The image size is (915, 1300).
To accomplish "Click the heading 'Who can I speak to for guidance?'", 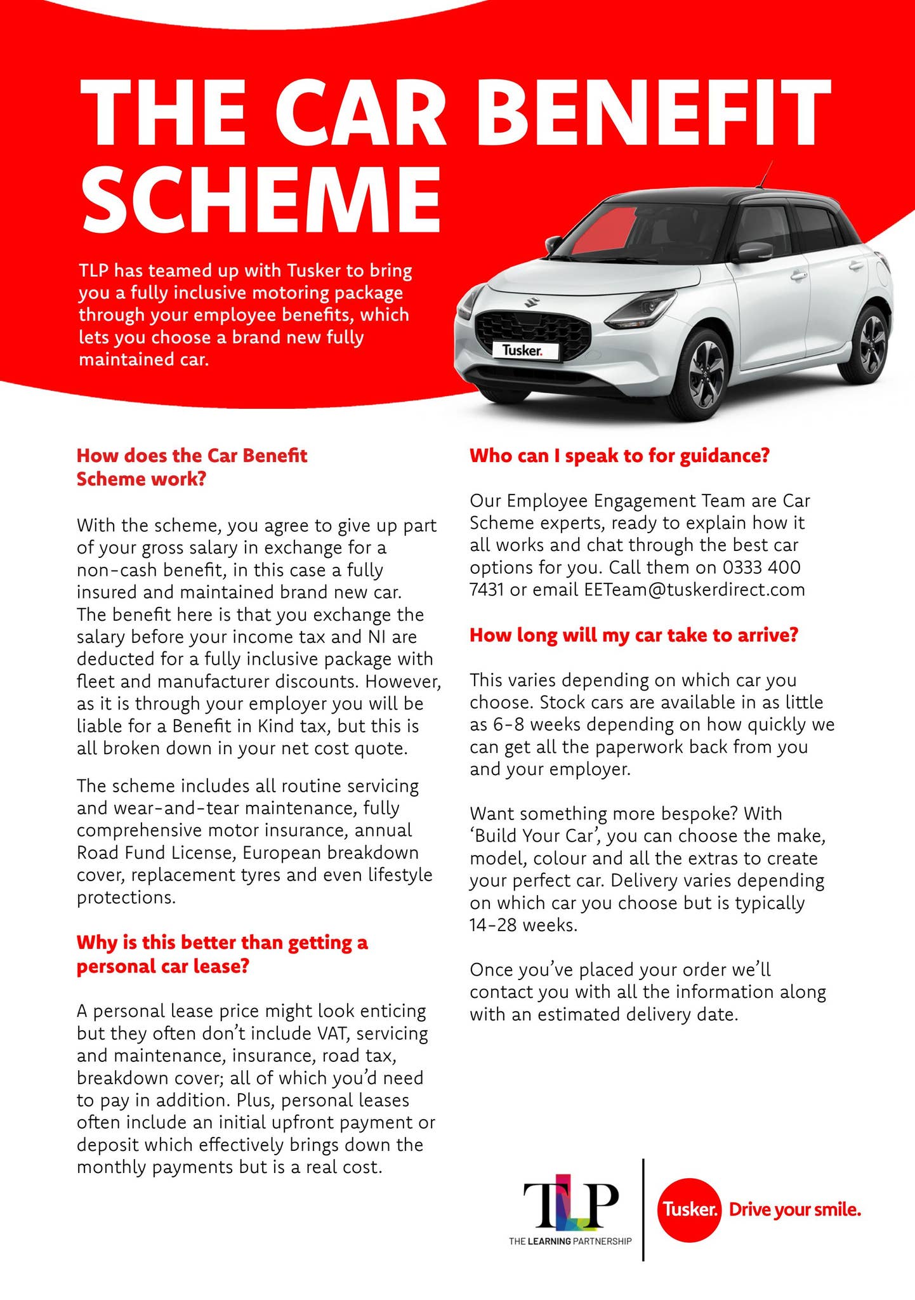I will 619,456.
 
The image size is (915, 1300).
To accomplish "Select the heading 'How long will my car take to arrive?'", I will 633,635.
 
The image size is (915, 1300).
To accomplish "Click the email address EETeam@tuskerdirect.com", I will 694,590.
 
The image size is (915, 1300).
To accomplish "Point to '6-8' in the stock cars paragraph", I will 508,724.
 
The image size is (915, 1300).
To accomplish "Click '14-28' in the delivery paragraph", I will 492,925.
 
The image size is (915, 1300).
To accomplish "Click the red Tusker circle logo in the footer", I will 689,1210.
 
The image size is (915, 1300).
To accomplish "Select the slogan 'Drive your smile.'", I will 794,1210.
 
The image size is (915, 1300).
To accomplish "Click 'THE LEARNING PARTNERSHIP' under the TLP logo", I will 570,1241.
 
